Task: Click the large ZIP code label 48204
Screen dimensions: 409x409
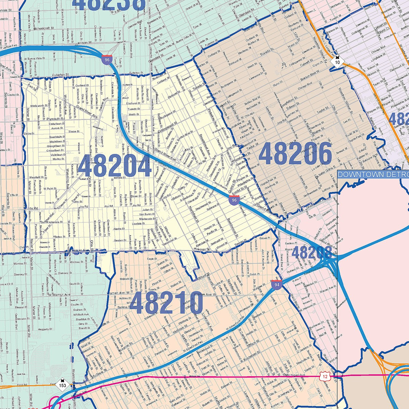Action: [115, 166]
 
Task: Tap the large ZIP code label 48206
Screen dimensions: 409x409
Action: [295, 153]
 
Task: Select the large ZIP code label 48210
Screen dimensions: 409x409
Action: [167, 303]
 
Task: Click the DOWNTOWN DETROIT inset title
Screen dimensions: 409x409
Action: [374, 175]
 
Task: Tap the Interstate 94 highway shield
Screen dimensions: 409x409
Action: [276, 285]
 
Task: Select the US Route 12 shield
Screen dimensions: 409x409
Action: [324, 376]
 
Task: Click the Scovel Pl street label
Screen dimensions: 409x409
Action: [264, 238]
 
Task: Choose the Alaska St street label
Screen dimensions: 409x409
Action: [119, 229]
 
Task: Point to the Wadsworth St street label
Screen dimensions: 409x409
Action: [39, 106]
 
